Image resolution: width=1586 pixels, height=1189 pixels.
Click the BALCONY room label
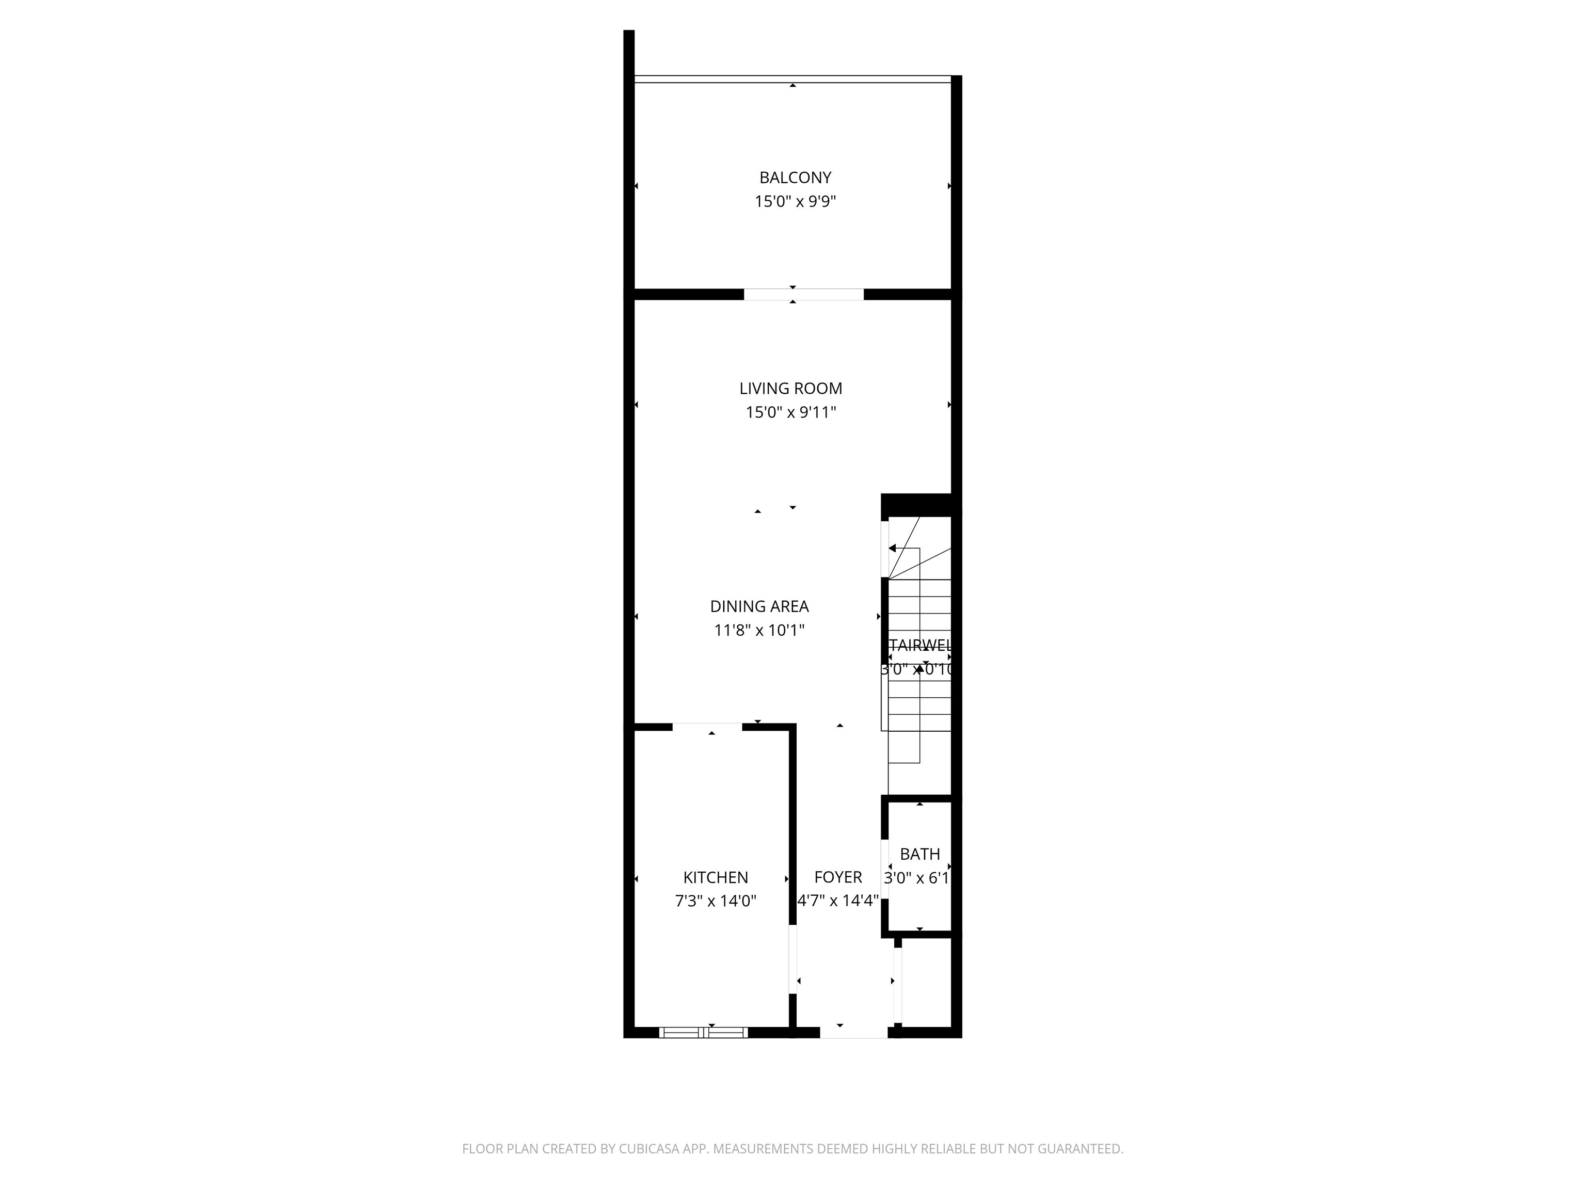(795, 178)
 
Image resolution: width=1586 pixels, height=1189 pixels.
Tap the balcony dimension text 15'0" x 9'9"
(795, 201)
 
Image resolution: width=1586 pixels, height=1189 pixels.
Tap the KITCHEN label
(715, 877)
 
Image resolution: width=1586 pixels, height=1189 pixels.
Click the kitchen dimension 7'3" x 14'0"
(715, 901)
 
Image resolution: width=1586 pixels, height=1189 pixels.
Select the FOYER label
(837, 877)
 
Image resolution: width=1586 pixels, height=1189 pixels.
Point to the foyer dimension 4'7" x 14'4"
(837, 901)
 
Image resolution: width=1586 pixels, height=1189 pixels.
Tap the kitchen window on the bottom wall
(703, 1033)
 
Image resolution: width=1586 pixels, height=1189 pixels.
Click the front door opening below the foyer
(853, 1033)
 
